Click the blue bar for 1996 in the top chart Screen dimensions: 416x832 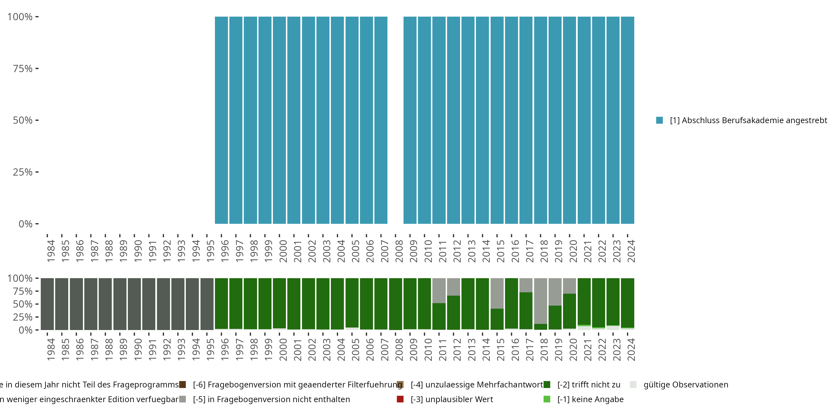point(221,120)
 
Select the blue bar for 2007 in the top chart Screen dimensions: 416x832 point(381,120)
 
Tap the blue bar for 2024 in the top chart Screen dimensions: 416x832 point(627,120)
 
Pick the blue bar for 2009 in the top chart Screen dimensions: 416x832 point(410,120)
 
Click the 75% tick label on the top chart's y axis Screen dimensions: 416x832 point(23,69)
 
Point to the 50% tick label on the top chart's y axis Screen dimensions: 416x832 point(23,120)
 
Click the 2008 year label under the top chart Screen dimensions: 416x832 point(399,251)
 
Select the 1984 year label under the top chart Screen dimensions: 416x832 point(51,251)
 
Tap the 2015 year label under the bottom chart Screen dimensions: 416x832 point(500,349)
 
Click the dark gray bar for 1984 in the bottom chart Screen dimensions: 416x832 point(47,304)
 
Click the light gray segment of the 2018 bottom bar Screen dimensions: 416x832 point(540,300)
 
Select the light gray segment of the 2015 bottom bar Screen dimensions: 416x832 point(497,293)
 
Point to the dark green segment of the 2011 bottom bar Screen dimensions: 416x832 point(439,316)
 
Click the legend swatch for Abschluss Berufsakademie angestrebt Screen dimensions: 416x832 point(659,120)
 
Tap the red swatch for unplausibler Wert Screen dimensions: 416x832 point(400,399)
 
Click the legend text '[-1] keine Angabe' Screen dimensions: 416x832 point(590,399)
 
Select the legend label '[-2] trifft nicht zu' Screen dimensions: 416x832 point(589,385)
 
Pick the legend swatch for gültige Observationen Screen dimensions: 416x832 point(633,385)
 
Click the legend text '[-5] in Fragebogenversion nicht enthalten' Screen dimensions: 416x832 point(271,399)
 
